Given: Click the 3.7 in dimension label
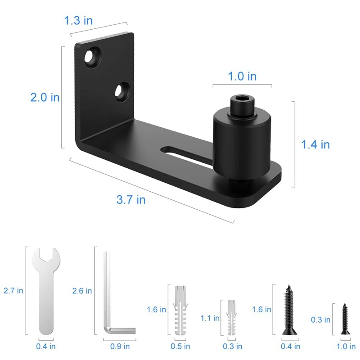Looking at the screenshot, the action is point(131,199).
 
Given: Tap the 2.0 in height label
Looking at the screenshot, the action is point(45,97).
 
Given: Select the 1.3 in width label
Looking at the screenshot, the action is point(78,20).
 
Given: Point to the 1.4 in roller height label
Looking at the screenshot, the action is point(315,144).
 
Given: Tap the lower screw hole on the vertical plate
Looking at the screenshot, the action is point(121,92).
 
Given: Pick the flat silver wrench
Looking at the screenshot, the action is point(46,291).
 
